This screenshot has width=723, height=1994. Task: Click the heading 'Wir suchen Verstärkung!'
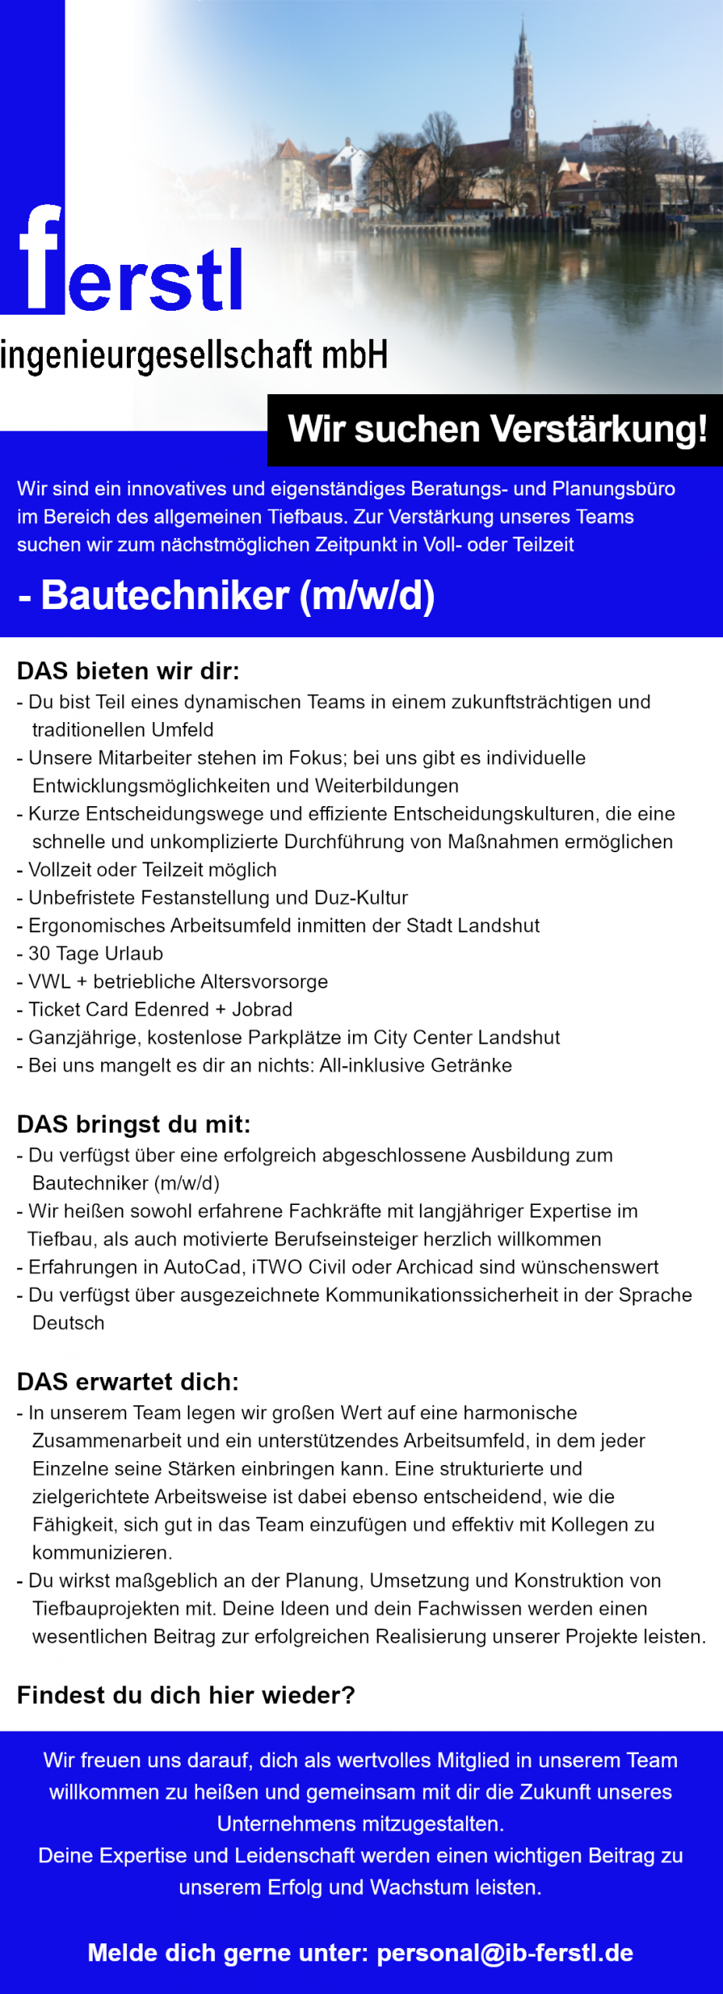pyautogui.click(x=497, y=429)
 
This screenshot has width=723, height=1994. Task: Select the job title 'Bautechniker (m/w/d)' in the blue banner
pyautogui.click(x=237, y=596)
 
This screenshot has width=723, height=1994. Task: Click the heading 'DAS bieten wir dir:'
pyautogui.click(x=128, y=671)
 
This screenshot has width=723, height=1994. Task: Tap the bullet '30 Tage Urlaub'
pyautogui.click(x=95, y=953)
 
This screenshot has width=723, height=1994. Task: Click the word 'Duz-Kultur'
pyautogui.click(x=361, y=897)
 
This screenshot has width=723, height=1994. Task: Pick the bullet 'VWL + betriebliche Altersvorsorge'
pyautogui.click(x=178, y=981)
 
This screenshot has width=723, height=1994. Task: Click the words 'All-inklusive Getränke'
pyautogui.click(x=415, y=1066)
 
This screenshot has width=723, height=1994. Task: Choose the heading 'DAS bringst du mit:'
pyautogui.click(x=133, y=1124)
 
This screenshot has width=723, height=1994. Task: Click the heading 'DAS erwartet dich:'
pyautogui.click(x=128, y=1382)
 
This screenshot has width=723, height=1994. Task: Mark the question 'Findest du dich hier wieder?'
pyautogui.click(x=185, y=1695)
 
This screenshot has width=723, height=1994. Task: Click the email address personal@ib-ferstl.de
pyautogui.click(x=504, y=1953)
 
